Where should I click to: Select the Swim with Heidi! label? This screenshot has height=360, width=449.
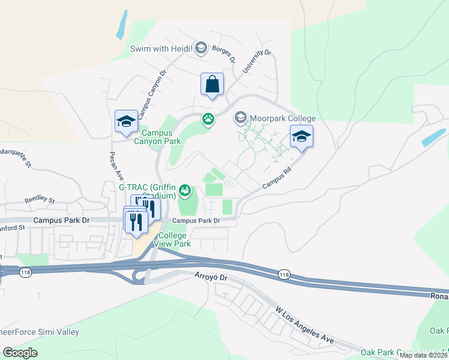[161, 48]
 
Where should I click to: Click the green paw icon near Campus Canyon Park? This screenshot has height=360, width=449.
[208, 119]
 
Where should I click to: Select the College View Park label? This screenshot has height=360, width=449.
[173, 239]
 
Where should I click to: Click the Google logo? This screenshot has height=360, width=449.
[20, 352]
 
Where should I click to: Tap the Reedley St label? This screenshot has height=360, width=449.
[40, 200]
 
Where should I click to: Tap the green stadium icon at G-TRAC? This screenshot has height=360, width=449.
[185, 191]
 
